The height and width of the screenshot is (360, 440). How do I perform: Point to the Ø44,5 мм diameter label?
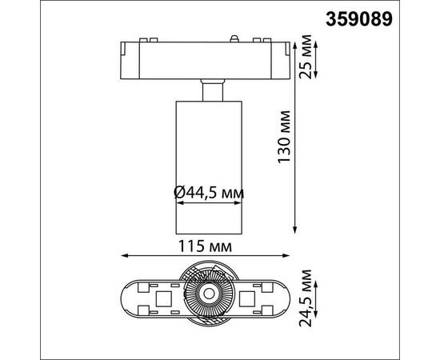pos(208,192)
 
